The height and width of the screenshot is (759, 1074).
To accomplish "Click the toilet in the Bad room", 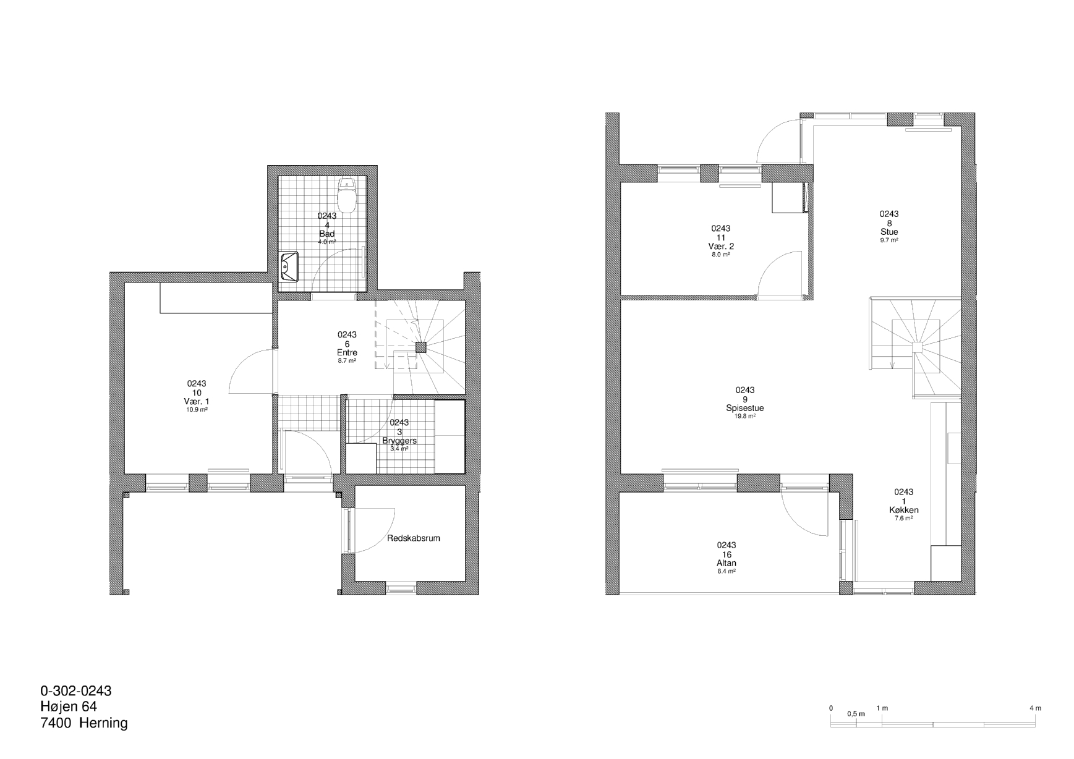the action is [346, 194].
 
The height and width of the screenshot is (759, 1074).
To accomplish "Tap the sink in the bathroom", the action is [289, 266].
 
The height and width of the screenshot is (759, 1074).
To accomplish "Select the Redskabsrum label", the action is [414, 538].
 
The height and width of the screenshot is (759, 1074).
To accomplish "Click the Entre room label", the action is [347, 353].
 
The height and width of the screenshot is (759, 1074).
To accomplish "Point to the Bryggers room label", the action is [399, 441].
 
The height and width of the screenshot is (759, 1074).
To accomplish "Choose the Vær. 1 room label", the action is [197, 401].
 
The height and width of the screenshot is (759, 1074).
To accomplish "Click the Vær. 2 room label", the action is [721, 246].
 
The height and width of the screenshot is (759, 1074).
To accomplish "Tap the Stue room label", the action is [889, 232].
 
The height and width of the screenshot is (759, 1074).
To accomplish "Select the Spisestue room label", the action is [745, 408].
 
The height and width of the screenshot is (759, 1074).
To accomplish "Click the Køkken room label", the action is [903, 510].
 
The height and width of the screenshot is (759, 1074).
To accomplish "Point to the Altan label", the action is [727, 563].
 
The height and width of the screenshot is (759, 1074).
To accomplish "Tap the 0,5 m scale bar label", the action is [856, 714].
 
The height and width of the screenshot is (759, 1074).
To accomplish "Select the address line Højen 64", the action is [69, 706].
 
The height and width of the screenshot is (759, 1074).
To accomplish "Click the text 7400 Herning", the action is [84, 723].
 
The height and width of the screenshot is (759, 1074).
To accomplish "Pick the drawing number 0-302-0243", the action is [76, 690].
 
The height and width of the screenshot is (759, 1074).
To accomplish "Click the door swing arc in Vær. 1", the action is [237, 368].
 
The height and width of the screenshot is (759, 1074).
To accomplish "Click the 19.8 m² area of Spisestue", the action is [745, 417].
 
